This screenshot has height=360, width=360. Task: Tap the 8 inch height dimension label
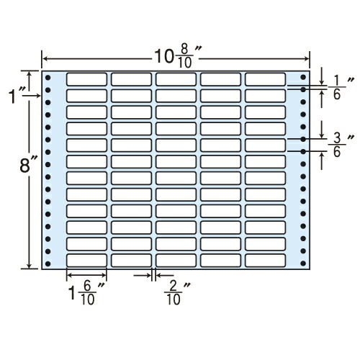click(29, 166)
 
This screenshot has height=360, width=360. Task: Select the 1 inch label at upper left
click(17, 95)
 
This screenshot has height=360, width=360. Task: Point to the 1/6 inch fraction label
click(341, 89)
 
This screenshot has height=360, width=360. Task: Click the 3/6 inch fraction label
click(341, 145)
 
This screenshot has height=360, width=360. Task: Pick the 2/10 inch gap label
click(178, 293)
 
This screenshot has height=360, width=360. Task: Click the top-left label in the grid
click(86, 79)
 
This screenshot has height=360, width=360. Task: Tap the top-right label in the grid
click(266, 79)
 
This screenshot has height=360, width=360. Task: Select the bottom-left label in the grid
click(86, 261)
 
